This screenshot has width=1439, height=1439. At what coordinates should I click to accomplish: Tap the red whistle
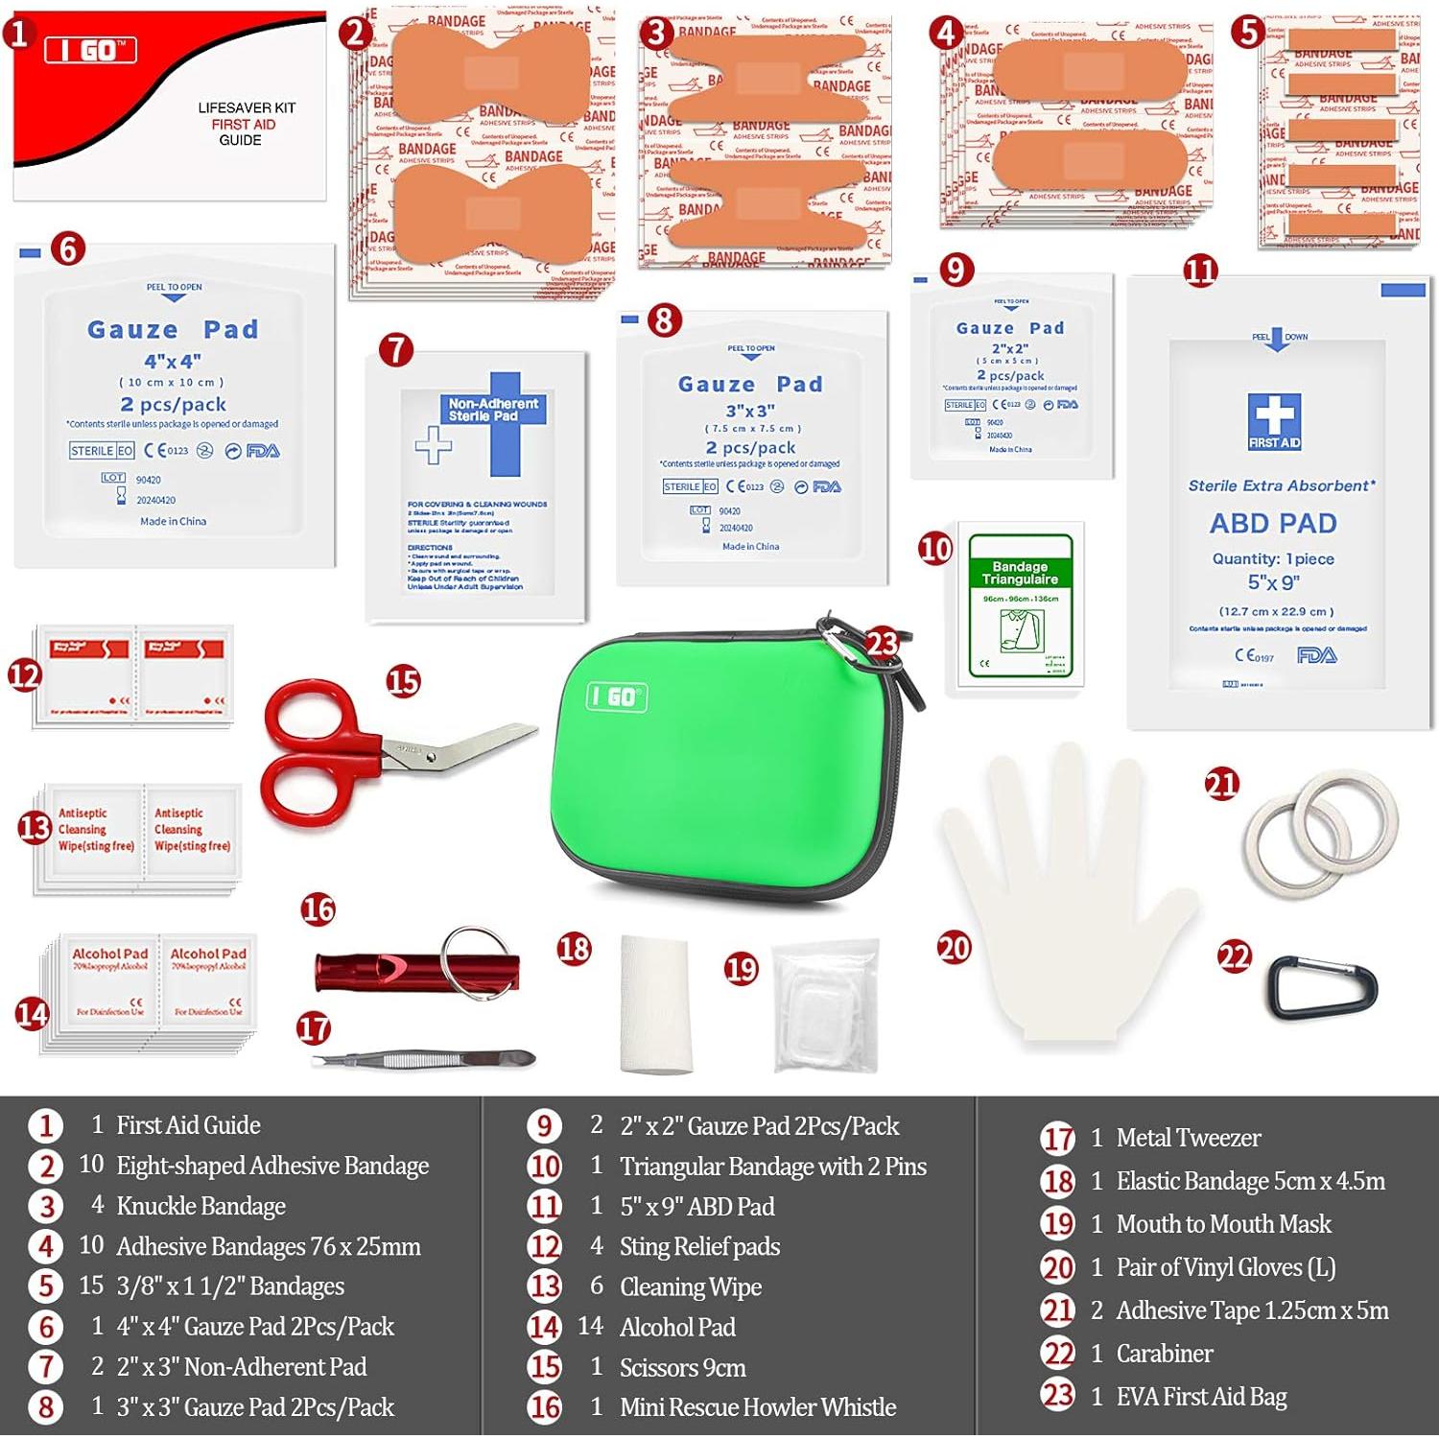coord(384,971)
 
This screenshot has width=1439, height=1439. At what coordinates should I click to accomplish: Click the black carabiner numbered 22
coord(1325,989)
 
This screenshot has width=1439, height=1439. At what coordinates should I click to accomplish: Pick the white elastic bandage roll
coord(656,1003)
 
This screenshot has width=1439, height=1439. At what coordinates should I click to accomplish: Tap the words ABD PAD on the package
coord(1273,524)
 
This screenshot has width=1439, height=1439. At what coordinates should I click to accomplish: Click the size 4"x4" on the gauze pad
coord(173,362)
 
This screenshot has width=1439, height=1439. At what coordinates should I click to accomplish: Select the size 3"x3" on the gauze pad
coord(750,411)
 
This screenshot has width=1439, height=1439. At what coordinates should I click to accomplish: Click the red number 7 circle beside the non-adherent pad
coord(396,350)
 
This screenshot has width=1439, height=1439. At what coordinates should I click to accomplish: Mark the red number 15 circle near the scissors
coord(404,681)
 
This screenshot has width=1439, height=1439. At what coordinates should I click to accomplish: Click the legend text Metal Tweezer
coord(1188,1138)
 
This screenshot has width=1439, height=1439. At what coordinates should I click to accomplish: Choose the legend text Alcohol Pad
coord(677,1327)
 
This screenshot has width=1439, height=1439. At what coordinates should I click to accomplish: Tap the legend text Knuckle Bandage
coord(201,1206)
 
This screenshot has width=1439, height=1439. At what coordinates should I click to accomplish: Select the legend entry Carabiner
coord(1165,1354)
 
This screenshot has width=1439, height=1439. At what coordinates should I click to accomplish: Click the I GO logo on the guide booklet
coord(91,50)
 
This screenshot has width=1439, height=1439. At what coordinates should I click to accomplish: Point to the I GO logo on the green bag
coord(617,697)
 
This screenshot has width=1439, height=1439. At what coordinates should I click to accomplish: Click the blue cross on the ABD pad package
coord(1274,418)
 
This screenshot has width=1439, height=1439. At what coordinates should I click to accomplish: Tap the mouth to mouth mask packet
coord(825,1005)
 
